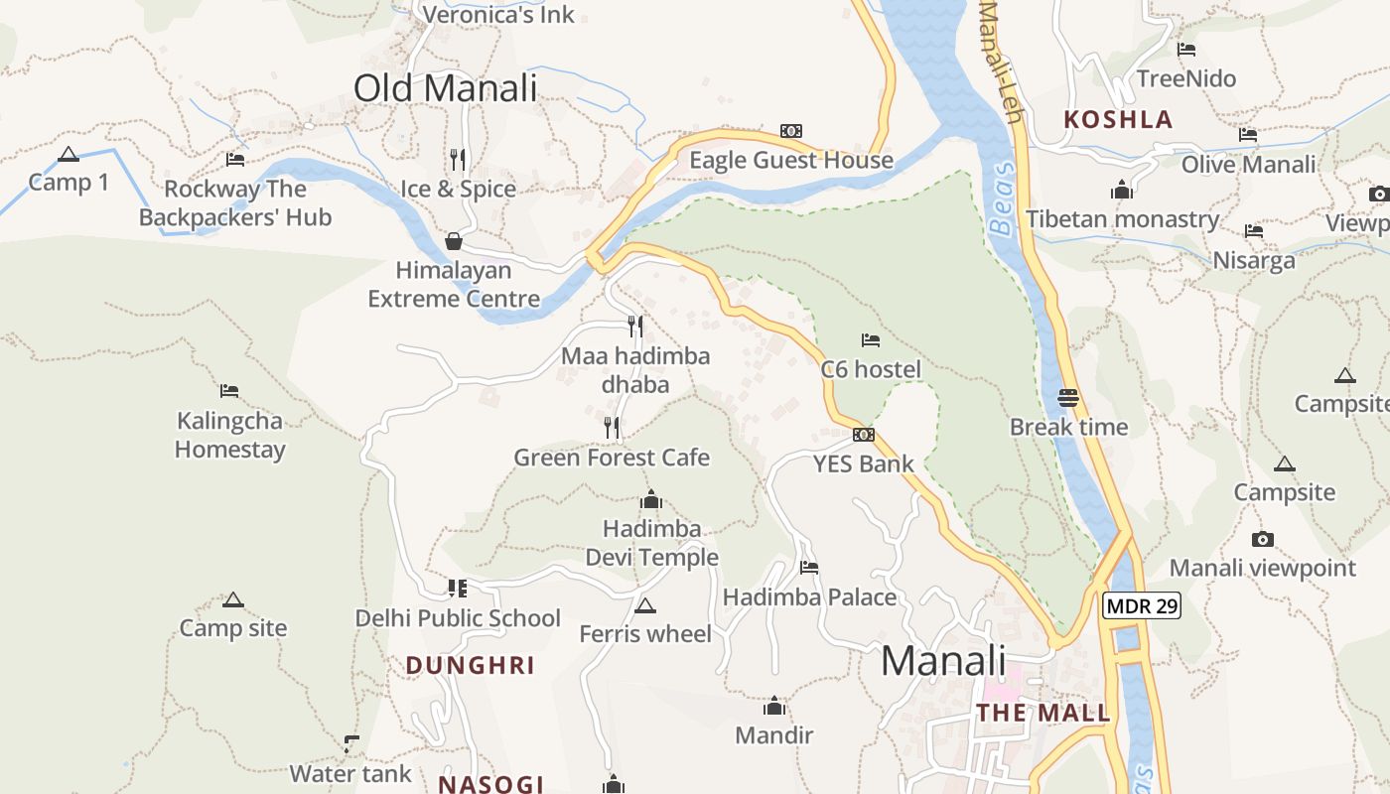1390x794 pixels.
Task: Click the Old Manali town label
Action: pyautogui.click(x=445, y=87)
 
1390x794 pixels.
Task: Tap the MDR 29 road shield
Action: pyautogui.click(x=1142, y=605)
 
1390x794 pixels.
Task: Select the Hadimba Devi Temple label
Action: pyautogui.click(x=651, y=543)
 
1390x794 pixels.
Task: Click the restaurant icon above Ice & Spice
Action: pyautogui.click(x=458, y=159)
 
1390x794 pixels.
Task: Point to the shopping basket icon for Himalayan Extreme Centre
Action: pyautogui.click(x=454, y=241)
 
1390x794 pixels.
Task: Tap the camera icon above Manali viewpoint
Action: pyautogui.click(x=1262, y=539)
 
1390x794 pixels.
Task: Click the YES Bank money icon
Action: pyautogui.click(x=864, y=435)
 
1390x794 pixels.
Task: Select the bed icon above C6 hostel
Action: pyautogui.click(x=871, y=340)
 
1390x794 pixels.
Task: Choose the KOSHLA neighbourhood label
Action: pyautogui.click(x=1118, y=120)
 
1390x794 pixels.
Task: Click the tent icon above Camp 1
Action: pyautogui.click(x=68, y=154)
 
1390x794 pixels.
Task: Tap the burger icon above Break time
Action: pyautogui.click(x=1068, y=398)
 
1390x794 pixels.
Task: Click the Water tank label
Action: pyautogui.click(x=349, y=773)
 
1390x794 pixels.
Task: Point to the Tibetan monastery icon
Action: pyautogui.click(x=1122, y=190)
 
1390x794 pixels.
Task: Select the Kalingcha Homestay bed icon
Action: pyautogui.click(x=229, y=390)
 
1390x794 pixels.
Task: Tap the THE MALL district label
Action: pyautogui.click(x=1042, y=713)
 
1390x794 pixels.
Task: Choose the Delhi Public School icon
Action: pyautogui.click(x=457, y=589)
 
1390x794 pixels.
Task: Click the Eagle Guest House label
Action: pyautogui.click(x=791, y=160)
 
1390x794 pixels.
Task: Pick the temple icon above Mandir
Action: pyautogui.click(x=773, y=706)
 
